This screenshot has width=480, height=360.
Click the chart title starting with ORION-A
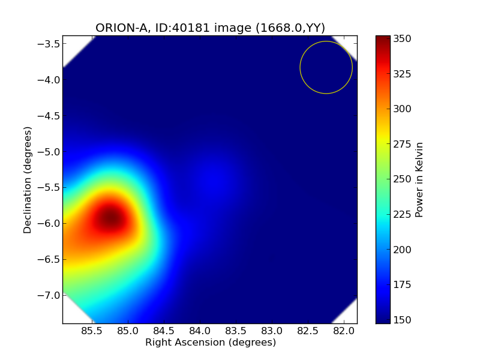pyautogui.click(x=210, y=28)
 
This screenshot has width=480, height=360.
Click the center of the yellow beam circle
pyautogui.click(x=326, y=67)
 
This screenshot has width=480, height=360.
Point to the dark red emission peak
pyautogui.click(x=110, y=219)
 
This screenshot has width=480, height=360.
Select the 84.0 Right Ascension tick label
pyautogui.click(x=200, y=331)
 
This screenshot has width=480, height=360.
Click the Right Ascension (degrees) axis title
pyautogui.click(x=210, y=343)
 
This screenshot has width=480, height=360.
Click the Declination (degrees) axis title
pyautogui.click(x=28, y=179)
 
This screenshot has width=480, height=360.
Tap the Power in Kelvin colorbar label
pyautogui.click(x=419, y=179)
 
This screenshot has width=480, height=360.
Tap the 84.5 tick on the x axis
pyautogui.click(x=164, y=331)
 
